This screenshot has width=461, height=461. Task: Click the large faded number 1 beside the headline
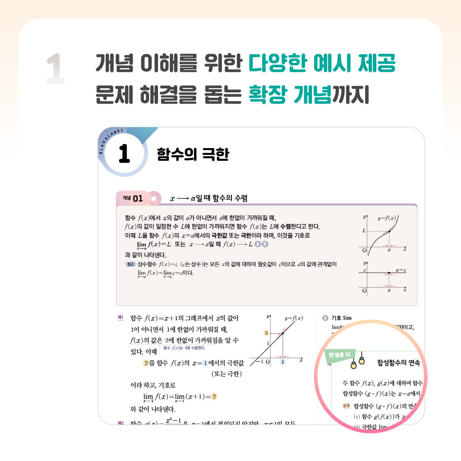point(56,69)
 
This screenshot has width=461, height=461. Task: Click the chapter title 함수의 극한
point(193,154)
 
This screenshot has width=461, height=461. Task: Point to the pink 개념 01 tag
point(132,198)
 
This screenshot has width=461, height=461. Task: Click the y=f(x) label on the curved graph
point(387,218)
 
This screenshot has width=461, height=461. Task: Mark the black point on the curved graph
point(389,231)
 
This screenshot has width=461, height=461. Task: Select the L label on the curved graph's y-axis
point(364,231)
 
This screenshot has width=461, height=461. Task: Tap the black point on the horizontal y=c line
point(389,273)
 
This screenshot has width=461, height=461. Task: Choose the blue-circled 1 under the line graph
point(283,362)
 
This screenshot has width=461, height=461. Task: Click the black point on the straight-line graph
point(283,334)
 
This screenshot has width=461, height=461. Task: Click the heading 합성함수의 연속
point(399,363)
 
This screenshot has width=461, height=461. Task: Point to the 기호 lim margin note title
point(341,318)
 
